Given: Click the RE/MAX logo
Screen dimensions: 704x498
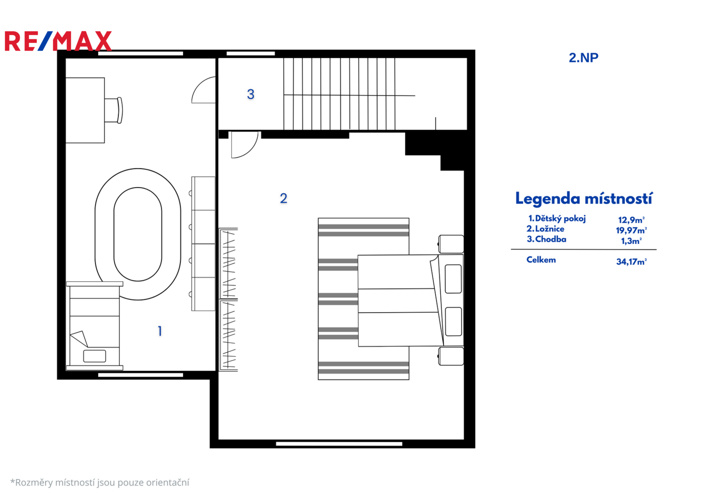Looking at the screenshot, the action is click(58, 41).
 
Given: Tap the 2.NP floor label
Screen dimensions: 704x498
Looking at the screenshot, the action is click(584, 58).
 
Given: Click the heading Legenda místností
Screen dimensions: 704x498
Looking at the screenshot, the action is click(584, 199).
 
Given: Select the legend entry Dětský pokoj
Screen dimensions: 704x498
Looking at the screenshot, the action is click(557, 219).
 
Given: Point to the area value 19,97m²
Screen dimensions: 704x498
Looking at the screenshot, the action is click(631, 231).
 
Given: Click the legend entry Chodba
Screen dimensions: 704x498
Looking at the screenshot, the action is click(546, 239).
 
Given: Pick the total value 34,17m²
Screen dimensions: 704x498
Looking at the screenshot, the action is click(632, 262).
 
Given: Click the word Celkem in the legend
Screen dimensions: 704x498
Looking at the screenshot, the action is click(541, 260).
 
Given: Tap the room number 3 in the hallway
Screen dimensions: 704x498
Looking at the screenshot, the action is click(250, 95).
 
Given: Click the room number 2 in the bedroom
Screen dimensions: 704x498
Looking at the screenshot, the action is click(284, 198).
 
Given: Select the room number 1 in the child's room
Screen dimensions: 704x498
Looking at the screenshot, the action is click(160, 332).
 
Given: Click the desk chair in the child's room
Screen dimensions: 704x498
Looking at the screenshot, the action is click(113, 110).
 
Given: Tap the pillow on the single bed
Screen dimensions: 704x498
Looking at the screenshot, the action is click(95, 356).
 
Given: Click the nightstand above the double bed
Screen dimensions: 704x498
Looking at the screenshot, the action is click(451, 244).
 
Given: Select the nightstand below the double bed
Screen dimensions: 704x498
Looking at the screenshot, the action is click(451, 356).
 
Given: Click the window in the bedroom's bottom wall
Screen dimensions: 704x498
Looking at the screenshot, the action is click(339, 444).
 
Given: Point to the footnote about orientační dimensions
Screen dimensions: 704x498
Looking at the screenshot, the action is click(100, 483).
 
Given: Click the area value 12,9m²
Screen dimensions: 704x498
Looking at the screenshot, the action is click(632, 220).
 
